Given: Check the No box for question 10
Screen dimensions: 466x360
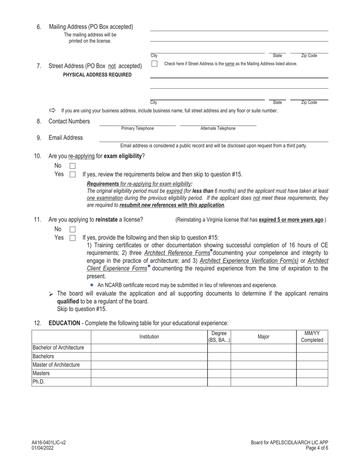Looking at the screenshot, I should pyautogui.click(x=73, y=166).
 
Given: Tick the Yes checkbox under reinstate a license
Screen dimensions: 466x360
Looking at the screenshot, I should pyautogui.click(x=73, y=238).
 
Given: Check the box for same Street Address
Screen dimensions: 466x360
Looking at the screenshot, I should pyautogui.click(x=154, y=64).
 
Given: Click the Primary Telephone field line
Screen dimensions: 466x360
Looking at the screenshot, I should pyautogui.click(x=138, y=124).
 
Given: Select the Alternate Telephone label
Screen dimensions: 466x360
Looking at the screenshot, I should pyautogui.click(x=218, y=128).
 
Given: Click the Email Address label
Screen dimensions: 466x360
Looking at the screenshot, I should pyautogui.click(x=66, y=138).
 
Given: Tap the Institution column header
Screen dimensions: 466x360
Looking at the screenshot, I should pyautogui.click(x=149, y=336).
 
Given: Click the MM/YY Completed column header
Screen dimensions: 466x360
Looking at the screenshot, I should pyautogui.click(x=312, y=336).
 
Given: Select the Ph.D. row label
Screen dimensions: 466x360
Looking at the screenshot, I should pyautogui.click(x=39, y=382).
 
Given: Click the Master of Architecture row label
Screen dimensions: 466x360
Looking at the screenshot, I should pyautogui.click(x=56, y=365).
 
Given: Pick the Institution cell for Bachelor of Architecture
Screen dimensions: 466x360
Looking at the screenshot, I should pyautogui.click(x=149, y=348).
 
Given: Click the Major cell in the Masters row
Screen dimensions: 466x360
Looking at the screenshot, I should pyautogui.click(x=263, y=373).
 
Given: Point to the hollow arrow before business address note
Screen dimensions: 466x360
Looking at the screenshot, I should pyautogui.click(x=52, y=111).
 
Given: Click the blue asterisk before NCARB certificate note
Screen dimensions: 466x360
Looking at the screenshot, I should pyautogui.click(x=92, y=285).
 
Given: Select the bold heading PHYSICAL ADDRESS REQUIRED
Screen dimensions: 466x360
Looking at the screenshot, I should pyautogui.click(x=97, y=75).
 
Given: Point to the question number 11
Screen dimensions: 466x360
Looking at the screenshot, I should pyautogui.click(x=37, y=220).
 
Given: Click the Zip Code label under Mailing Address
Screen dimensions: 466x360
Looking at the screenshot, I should pyautogui.click(x=309, y=56).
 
